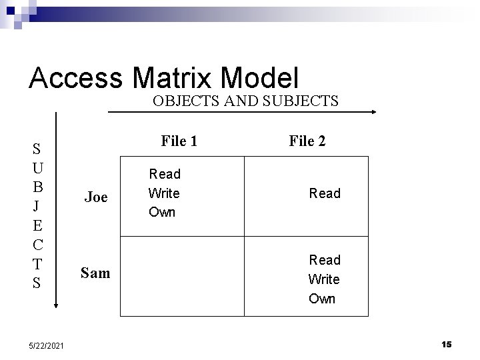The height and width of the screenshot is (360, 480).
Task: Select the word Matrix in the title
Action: (x=177, y=79)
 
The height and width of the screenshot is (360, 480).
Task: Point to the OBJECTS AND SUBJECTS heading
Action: (x=245, y=101)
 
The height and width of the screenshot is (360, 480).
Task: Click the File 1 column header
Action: (x=179, y=141)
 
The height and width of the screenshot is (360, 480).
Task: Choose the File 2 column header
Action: (x=307, y=141)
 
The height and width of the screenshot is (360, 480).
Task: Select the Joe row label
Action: (x=96, y=197)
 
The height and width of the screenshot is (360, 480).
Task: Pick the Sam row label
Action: (x=95, y=272)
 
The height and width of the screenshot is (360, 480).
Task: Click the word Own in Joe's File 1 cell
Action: (x=162, y=212)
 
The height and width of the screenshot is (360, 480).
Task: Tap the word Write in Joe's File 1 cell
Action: (x=164, y=193)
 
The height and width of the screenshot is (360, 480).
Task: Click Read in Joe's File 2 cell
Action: (x=325, y=193)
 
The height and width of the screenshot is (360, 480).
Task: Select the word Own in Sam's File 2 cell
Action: (x=322, y=298)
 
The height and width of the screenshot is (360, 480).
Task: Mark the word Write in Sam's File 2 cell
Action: (x=324, y=279)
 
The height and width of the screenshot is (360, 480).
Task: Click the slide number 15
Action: (x=446, y=344)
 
